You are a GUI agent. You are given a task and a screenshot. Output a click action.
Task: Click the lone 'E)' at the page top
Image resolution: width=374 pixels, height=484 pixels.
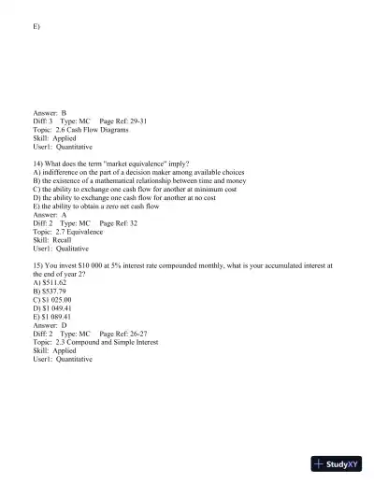pyautogui.click(x=36, y=26)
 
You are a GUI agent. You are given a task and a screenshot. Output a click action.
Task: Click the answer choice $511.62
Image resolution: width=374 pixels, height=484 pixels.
pyautogui.click(x=50, y=282)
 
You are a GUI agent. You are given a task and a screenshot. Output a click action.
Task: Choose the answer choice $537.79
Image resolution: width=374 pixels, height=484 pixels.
pyautogui.click(x=50, y=291)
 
